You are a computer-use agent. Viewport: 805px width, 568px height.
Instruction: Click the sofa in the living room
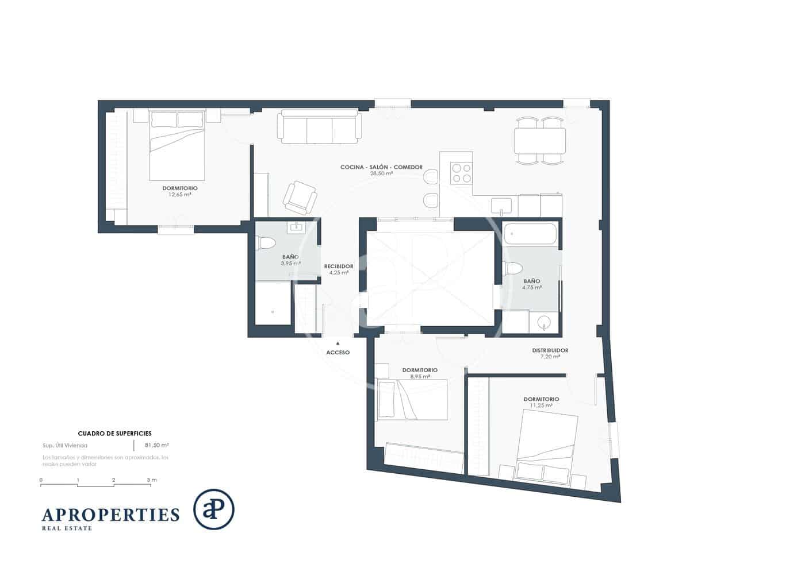pos(319,127)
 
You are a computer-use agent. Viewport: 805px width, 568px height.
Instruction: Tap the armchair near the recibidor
pos(300,196)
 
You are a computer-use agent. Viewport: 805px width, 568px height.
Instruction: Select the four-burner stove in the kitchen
pos(461,173)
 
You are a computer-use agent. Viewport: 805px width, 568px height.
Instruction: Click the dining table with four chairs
pos(540,141)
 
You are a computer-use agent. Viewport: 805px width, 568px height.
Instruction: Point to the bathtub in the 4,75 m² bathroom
pos(530,234)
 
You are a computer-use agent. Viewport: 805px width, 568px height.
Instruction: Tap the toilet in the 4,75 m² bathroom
pos(512,269)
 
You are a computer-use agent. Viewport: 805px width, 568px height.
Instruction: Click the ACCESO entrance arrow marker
pos(338,343)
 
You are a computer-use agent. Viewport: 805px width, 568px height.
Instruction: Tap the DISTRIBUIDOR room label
pos(550,350)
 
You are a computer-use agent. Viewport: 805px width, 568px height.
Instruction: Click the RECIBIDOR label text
pos(338,266)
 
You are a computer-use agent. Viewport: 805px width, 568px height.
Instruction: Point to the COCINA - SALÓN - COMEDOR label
pos(381,167)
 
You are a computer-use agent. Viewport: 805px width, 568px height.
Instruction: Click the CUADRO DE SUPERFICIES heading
pos(114,434)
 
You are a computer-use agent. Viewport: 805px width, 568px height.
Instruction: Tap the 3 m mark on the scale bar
pos(151,480)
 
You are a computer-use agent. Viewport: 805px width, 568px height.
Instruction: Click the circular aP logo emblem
pos(213,509)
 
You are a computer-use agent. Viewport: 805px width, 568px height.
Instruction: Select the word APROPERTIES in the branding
pos(110,514)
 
